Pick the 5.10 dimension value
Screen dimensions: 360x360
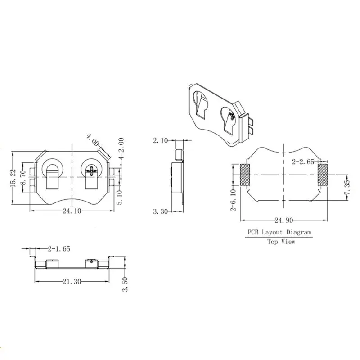120,196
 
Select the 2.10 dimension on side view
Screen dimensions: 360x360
160,141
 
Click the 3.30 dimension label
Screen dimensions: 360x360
160,211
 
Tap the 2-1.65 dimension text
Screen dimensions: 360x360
58,248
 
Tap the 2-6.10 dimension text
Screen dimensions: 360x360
233,201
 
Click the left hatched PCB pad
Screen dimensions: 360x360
245,175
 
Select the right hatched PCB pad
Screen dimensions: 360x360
323,175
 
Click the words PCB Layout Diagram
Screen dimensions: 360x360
278,232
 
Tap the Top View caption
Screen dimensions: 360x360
281,242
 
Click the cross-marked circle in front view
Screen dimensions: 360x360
93,171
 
